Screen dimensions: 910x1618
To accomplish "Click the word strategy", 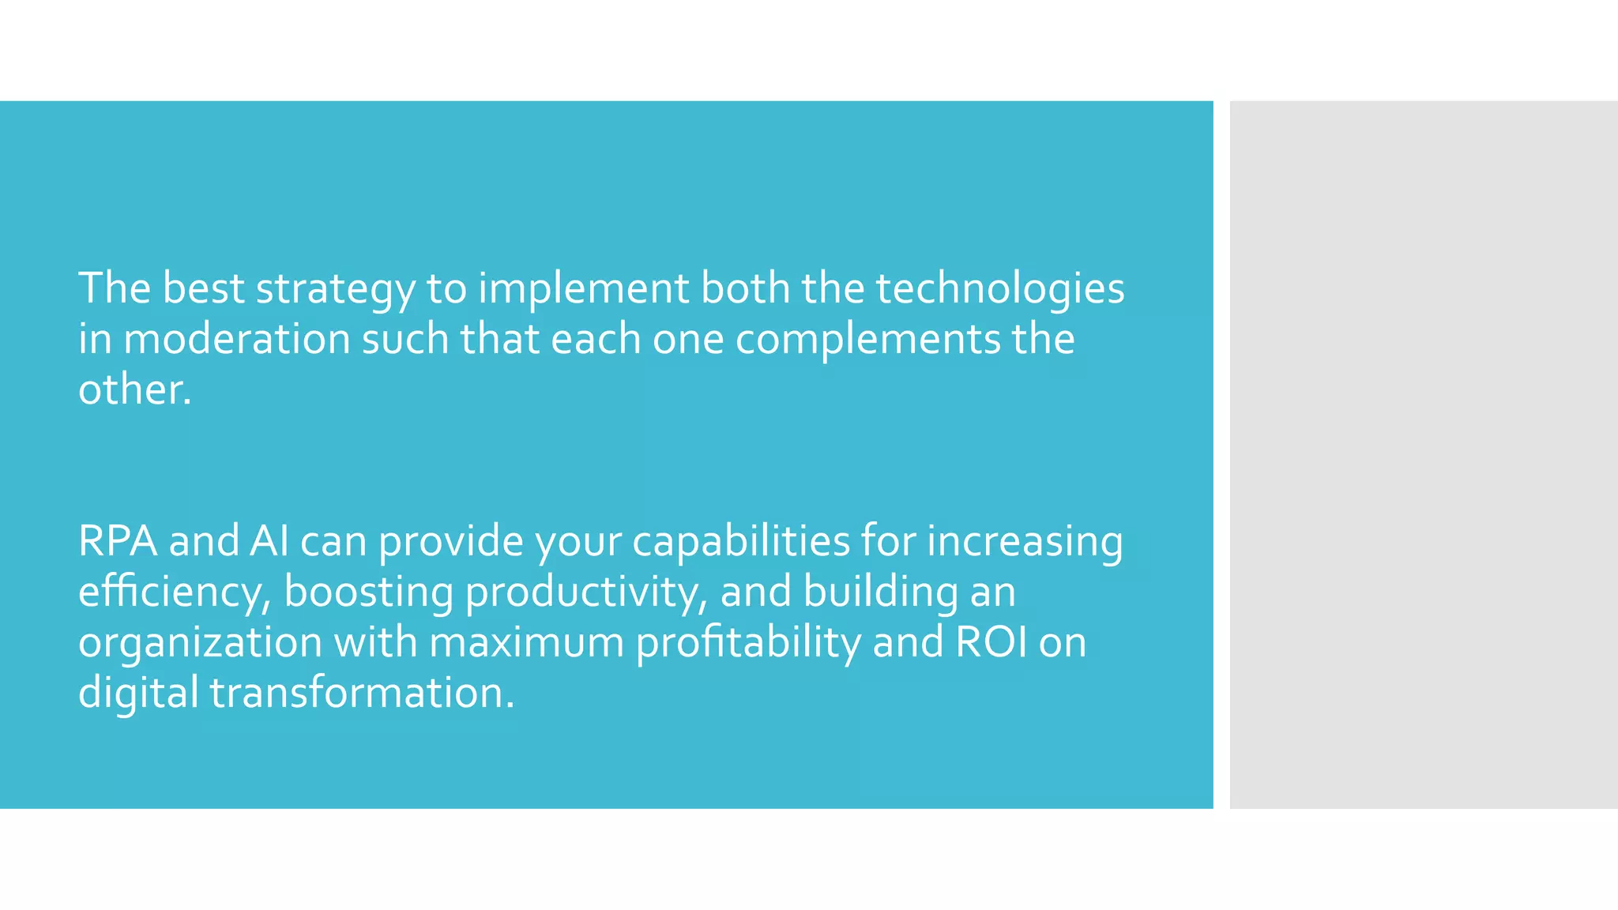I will coord(335,289).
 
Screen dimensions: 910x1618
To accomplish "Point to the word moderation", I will coord(237,340).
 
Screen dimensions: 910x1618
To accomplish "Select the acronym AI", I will coord(269,542).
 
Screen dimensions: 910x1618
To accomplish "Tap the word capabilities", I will coord(740,542).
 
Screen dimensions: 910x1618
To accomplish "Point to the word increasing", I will coord(1024,542).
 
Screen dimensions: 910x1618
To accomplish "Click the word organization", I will coord(200,643).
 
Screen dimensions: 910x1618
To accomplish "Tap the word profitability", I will coord(748,643).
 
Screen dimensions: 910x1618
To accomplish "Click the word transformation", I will coord(362,694).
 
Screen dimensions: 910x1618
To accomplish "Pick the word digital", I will coord(138,694).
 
